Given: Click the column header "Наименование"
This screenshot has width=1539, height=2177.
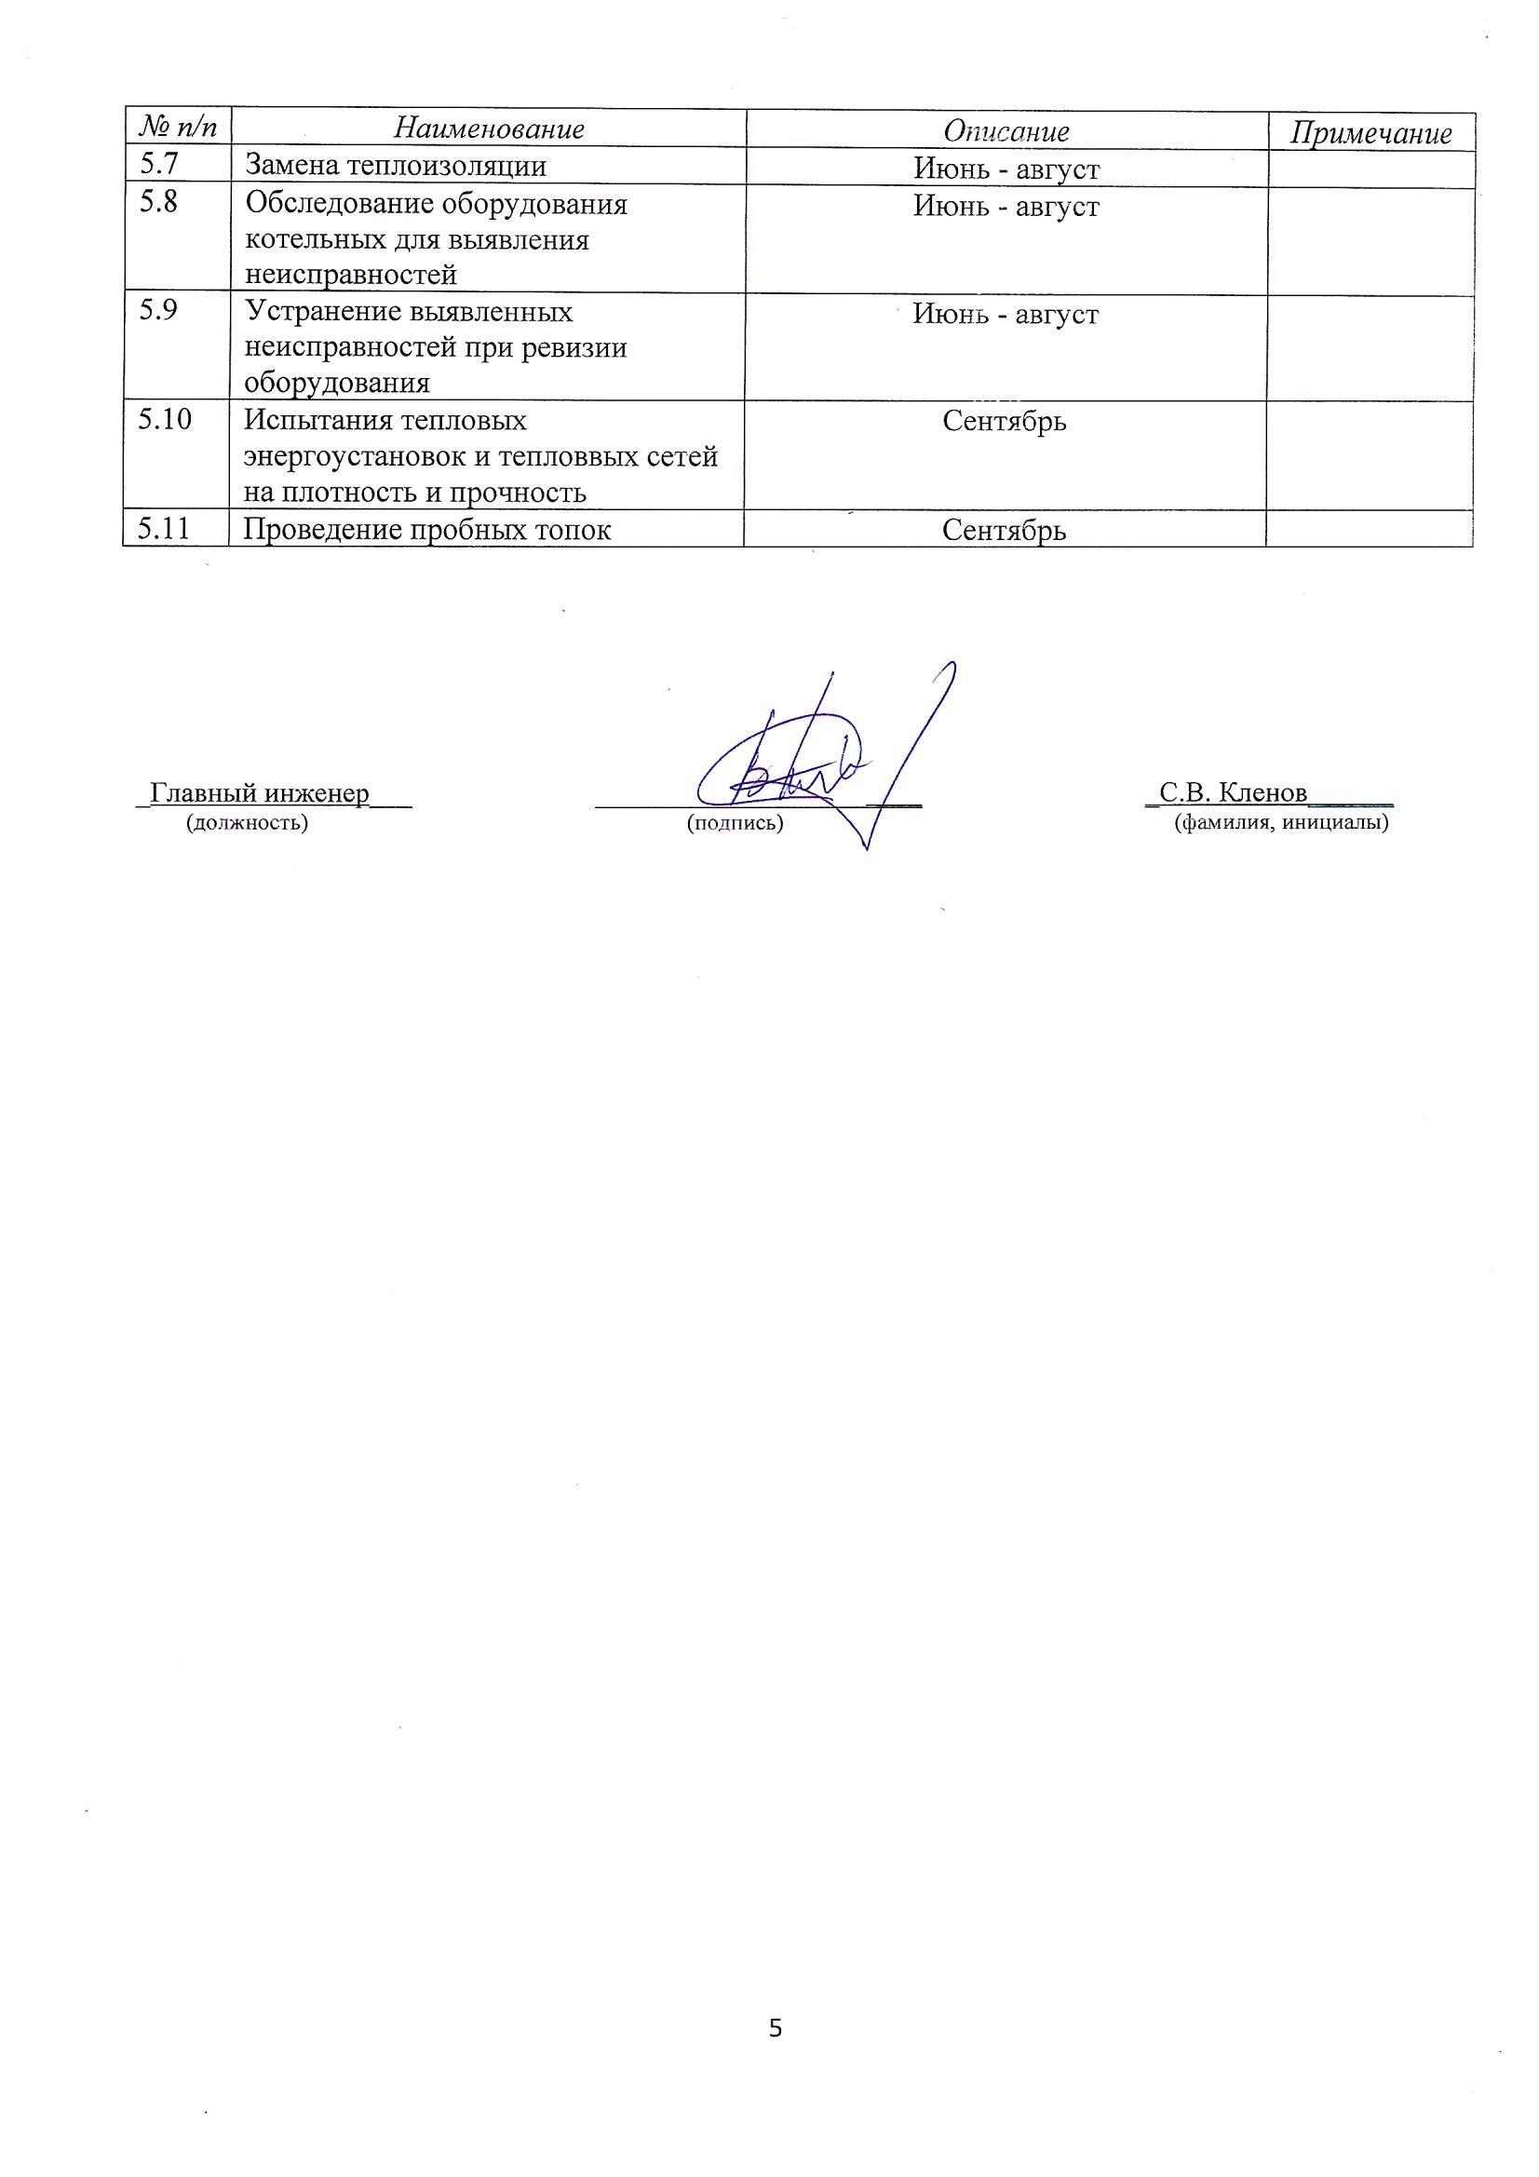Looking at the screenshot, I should [x=489, y=128].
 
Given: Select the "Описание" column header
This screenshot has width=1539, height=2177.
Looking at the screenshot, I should [x=1006, y=131].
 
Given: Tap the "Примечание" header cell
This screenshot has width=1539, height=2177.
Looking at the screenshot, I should [x=1370, y=134].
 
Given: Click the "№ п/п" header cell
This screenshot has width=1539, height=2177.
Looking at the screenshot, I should [x=177, y=126].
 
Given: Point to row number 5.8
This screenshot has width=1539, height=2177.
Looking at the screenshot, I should [x=157, y=203].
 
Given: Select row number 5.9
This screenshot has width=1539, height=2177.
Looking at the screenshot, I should [x=157, y=311].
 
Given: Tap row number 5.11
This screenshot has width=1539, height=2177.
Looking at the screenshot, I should [x=163, y=528].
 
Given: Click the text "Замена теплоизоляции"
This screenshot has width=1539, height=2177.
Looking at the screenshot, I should [x=396, y=166].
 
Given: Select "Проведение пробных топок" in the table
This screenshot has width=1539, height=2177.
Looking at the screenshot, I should [x=426, y=530].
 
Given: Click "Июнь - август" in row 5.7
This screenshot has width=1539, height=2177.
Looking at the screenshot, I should [x=1006, y=169].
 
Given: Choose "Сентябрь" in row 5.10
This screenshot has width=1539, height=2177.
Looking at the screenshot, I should [x=1005, y=421].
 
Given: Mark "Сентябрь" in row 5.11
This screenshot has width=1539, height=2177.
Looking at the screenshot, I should [x=1005, y=531].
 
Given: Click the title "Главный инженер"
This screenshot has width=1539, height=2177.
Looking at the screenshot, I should [x=260, y=792].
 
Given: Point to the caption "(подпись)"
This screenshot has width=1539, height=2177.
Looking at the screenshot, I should [x=735, y=823].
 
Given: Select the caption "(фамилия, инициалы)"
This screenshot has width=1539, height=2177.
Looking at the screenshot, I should [x=1281, y=823].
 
